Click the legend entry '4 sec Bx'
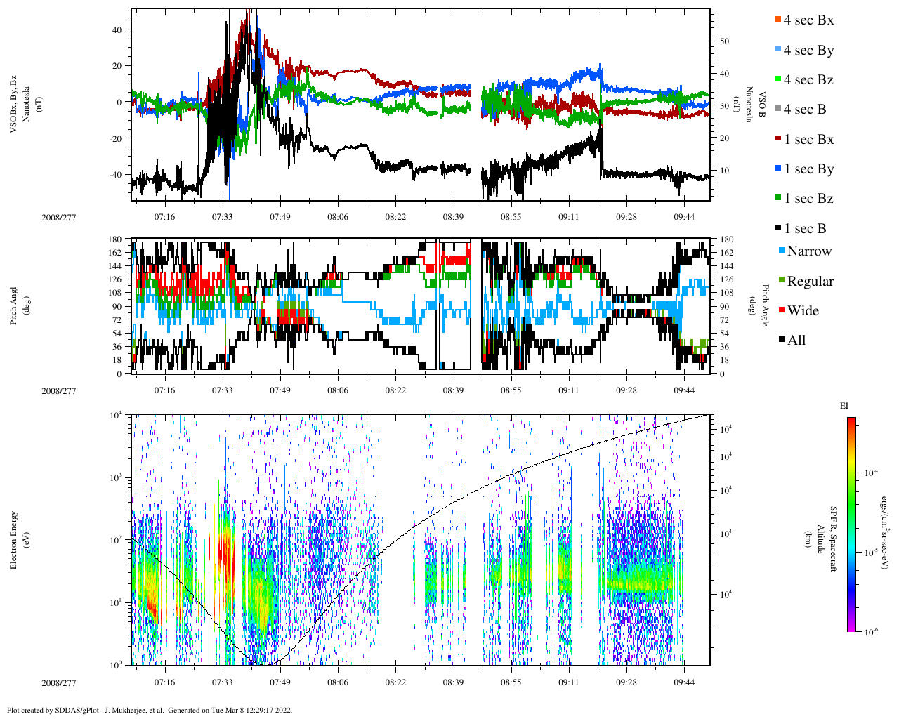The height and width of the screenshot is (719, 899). pos(808,20)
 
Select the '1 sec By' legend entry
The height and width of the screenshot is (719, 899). pos(808,169)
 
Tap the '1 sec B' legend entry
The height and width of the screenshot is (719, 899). pos(804,229)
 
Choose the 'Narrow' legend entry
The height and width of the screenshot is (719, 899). pos(808,251)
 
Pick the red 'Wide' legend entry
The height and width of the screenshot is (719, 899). pos(802,311)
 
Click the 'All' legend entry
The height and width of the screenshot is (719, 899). pos(796,341)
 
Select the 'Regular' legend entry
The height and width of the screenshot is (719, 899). pos(809,282)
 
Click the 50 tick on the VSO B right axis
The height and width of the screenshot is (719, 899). pos(724,41)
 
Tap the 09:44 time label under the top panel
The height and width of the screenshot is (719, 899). pos(684,217)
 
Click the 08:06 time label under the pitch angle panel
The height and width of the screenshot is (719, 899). pos(338,390)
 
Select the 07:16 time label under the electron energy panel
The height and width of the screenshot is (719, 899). pos(165,682)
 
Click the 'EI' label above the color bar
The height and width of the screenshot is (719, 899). pos(844,406)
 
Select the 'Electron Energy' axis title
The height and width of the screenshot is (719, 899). pos(14,540)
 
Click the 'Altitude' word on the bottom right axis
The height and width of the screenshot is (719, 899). pos(820,540)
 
